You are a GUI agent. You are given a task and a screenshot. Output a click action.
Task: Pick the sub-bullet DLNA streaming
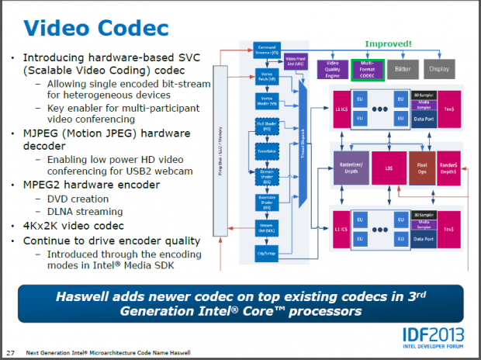click(85, 212)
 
